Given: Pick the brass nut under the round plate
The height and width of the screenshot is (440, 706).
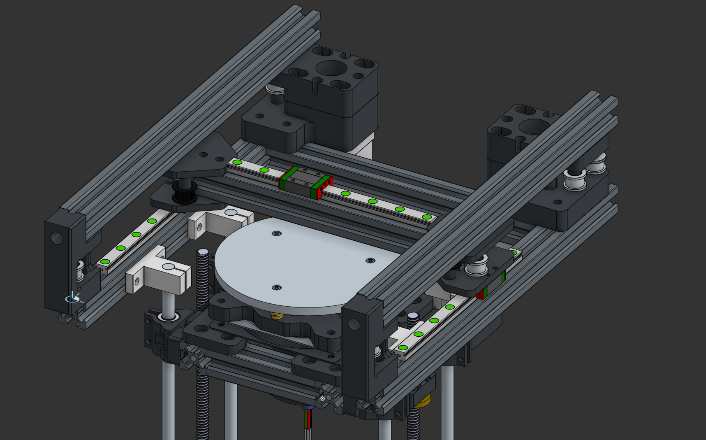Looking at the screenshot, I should (276, 316).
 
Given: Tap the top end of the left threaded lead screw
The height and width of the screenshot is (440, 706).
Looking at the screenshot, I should (203, 252).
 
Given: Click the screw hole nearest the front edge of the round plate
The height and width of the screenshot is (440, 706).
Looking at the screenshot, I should (277, 288).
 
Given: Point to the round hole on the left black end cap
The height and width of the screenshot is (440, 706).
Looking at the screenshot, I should (57, 238).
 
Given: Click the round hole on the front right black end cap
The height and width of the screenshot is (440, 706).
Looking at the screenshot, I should (353, 324).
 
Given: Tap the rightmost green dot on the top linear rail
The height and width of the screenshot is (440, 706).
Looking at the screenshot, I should (426, 217).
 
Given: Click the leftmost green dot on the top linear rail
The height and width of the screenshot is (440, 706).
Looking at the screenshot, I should (237, 162).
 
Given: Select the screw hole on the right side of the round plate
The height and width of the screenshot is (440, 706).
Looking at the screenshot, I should (370, 261).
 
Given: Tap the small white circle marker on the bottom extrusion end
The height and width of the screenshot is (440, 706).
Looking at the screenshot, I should (323, 398).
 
